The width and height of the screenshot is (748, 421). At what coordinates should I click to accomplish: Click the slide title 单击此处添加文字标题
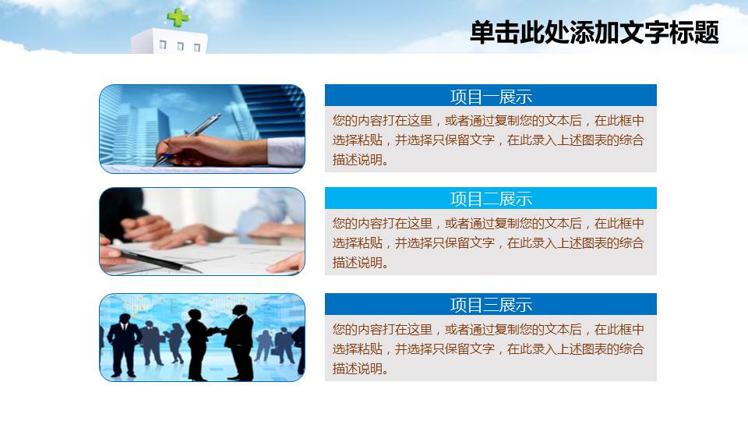[x=594, y=33]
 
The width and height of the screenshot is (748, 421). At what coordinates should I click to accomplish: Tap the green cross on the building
[x=178, y=16]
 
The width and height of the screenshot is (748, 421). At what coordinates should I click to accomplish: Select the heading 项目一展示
[x=491, y=97]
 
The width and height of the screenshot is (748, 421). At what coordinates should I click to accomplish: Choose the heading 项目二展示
[x=491, y=199]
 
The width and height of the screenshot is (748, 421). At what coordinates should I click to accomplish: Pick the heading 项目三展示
[x=491, y=305]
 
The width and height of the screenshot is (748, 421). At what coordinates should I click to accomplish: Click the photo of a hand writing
[x=202, y=129]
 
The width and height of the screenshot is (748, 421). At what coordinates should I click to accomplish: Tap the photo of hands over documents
[x=202, y=232]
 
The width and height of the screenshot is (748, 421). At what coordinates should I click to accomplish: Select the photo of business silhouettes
[x=202, y=338]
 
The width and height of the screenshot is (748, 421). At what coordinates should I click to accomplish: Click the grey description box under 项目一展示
[x=491, y=140]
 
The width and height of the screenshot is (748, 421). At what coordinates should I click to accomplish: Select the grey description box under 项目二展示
[x=491, y=242]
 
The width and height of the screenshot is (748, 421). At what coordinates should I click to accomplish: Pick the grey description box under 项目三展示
[x=491, y=348]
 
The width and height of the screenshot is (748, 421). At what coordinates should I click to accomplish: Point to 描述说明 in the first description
[x=358, y=161]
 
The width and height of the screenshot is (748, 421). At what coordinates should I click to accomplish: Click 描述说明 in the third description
[x=358, y=369]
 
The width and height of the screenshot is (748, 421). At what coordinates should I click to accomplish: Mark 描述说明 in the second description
[x=358, y=263]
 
